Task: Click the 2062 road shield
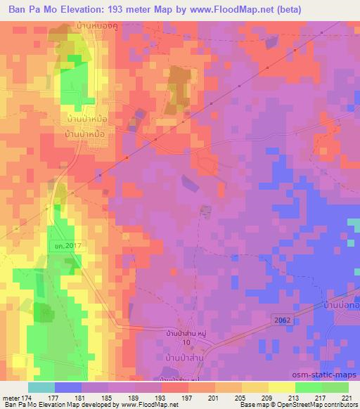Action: tap(280, 319)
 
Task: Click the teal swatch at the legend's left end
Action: tap(41, 387)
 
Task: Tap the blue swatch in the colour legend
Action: tap(68, 387)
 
